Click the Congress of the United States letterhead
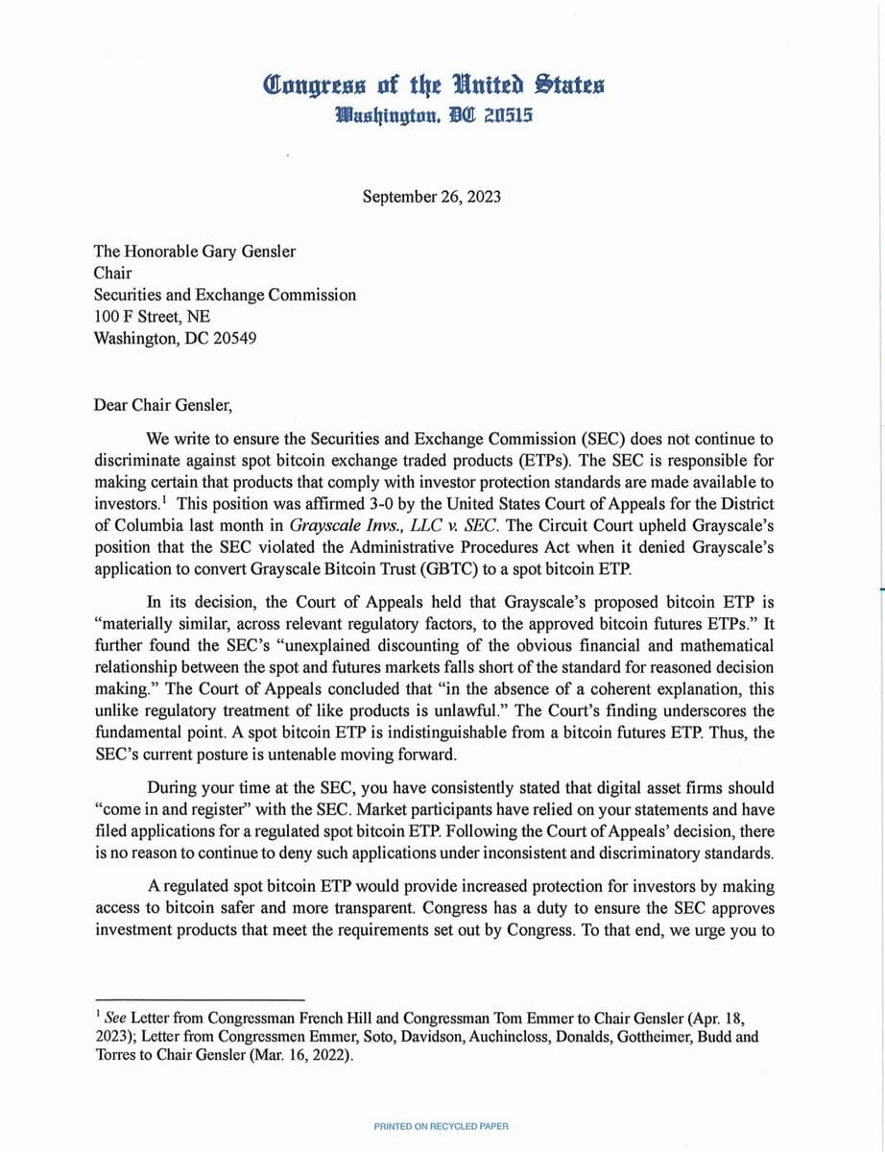click(435, 84)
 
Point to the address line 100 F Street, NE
click(152, 317)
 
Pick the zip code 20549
click(227, 338)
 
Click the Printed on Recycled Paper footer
click(442, 1126)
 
